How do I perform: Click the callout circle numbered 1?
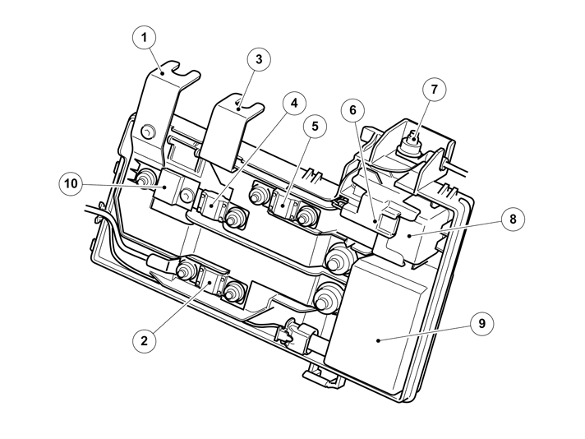(145, 38)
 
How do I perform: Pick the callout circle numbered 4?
(292, 104)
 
